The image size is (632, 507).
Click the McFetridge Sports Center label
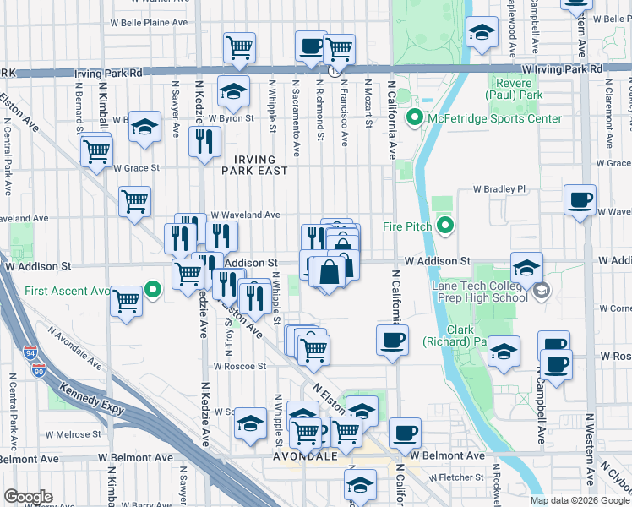(494, 118)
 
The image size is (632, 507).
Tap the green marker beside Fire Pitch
(446, 226)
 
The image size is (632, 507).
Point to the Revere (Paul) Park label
(515, 90)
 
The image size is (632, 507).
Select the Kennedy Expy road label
(91, 401)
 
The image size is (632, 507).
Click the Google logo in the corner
(29, 496)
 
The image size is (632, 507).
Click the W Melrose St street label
(71, 434)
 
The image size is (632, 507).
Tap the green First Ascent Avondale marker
(153, 291)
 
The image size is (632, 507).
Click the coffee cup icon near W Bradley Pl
(580, 201)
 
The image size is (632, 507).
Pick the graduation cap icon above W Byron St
(233, 91)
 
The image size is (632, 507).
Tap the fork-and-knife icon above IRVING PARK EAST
(203, 141)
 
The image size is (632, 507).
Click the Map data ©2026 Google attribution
(579, 500)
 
